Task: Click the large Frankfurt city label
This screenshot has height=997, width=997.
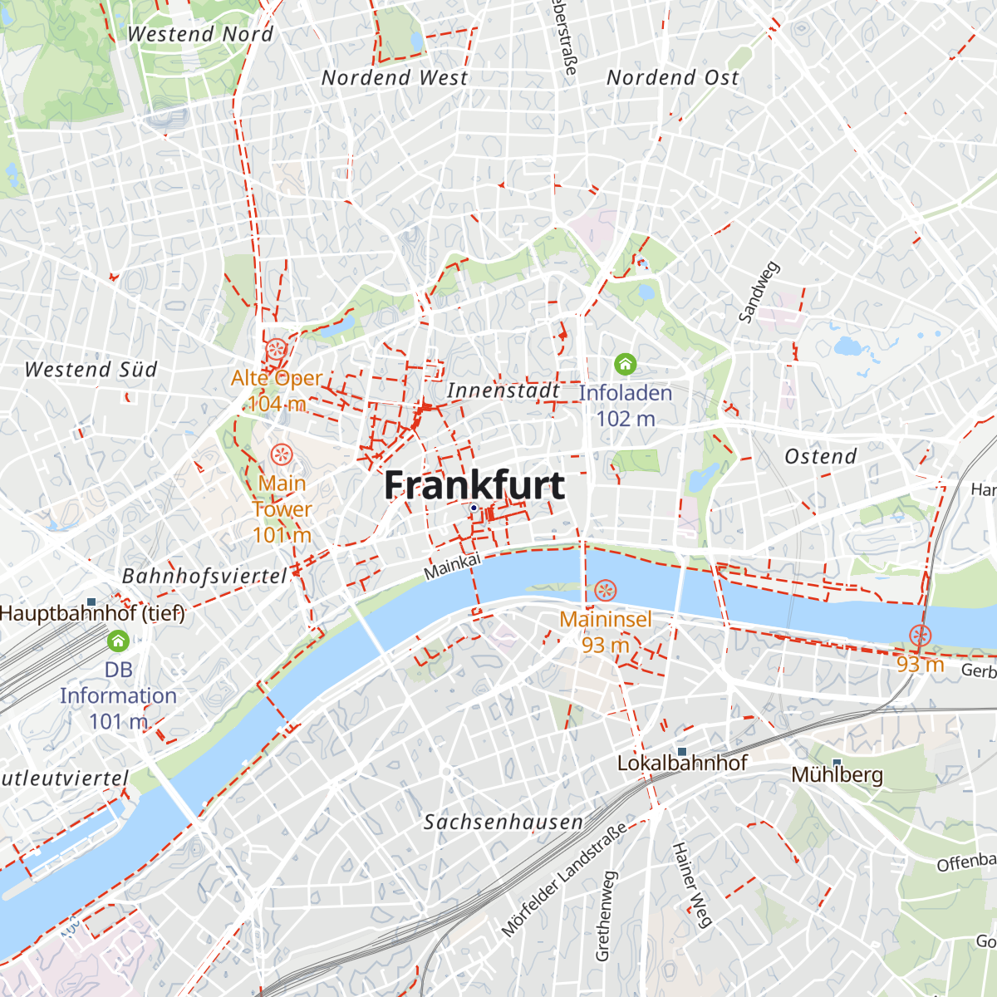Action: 474,485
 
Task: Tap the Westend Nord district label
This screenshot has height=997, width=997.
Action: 200,34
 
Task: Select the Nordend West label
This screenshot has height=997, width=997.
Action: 395,78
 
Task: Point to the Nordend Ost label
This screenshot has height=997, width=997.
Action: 673,78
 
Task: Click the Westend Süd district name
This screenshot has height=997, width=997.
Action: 91,370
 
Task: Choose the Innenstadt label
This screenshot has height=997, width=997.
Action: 503,390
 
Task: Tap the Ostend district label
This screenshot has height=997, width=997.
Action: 821,456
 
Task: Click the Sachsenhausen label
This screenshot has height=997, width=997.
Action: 503,823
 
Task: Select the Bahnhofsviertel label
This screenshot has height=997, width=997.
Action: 204,576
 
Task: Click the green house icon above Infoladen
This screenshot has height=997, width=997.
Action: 625,364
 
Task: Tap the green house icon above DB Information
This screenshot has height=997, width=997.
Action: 118,641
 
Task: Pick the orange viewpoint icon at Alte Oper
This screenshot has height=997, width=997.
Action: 277,349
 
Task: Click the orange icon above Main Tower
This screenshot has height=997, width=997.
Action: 282,454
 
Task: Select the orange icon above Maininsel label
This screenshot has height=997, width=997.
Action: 605,591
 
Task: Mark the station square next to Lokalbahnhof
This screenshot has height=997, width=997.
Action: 682,750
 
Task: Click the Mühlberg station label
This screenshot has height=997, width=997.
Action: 837,775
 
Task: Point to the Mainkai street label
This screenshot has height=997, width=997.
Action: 452,567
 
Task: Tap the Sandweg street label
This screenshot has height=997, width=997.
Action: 759,292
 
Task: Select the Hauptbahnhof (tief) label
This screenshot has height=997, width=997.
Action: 92,614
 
